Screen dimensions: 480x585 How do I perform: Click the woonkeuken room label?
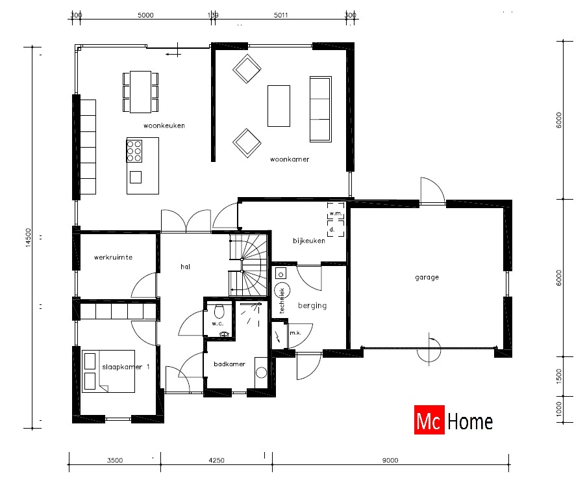(x=164, y=126)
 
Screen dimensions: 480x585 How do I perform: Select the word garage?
(x=427, y=277)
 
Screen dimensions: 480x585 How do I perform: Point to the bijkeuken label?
(x=308, y=241)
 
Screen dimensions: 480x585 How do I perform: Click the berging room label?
(x=312, y=305)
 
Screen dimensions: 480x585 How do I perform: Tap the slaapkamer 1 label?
(x=126, y=367)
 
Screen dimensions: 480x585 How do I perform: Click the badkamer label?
(x=229, y=364)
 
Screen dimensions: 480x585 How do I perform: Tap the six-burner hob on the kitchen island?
(x=135, y=151)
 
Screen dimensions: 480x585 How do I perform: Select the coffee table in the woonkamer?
(x=279, y=105)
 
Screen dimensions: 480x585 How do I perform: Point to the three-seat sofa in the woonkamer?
(x=320, y=108)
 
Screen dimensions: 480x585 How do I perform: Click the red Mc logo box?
(x=429, y=421)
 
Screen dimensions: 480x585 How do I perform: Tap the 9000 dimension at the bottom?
(x=390, y=460)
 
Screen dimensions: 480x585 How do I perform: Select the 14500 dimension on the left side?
(x=27, y=237)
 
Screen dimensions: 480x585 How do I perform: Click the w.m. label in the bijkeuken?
(x=335, y=213)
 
